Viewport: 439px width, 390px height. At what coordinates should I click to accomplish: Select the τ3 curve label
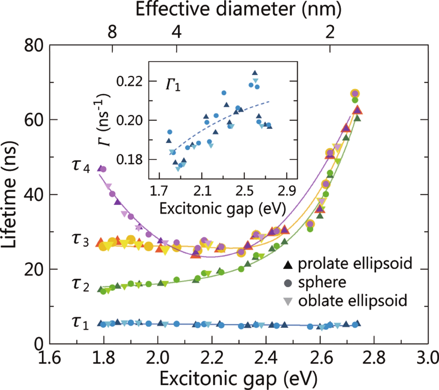pyautogui.click(x=80, y=240)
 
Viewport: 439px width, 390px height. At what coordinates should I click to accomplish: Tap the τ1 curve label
pyautogui.click(x=80, y=323)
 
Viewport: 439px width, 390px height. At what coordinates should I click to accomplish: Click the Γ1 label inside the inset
pyautogui.click(x=173, y=85)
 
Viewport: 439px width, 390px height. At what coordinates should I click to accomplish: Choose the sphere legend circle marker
pyautogui.click(x=288, y=283)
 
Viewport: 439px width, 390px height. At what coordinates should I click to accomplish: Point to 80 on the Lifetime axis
pyautogui.click(x=34, y=45)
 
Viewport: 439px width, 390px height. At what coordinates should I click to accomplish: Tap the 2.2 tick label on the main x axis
pyautogui.click(x=212, y=358)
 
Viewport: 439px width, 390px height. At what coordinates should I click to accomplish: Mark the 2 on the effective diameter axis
pyautogui.click(x=330, y=32)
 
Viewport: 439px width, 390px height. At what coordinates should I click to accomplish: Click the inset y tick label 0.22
pyautogui.click(x=129, y=81)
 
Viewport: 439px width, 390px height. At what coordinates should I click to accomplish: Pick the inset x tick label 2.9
pyautogui.click(x=287, y=191)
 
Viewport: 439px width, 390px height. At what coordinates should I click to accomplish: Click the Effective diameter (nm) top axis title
pyautogui.click(x=238, y=9)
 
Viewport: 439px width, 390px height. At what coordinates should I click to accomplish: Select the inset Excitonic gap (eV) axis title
pyautogui.click(x=223, y=208)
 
